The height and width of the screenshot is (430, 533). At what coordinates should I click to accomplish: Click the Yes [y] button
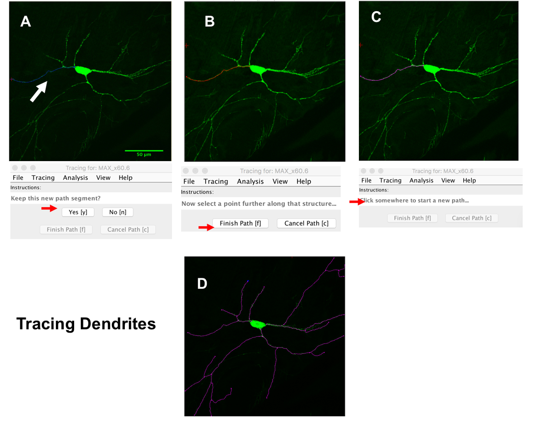(x=78, y=212)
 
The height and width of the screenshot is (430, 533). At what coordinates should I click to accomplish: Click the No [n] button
(x=117, y=212)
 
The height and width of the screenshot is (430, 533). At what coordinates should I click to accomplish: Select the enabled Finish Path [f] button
(x=240, y=223)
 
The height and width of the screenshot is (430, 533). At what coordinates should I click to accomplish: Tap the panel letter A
(x=25, y=22)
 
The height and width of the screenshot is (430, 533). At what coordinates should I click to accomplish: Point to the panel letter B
(x=210, y=22)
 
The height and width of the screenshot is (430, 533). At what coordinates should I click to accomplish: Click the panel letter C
(x=376, y=17)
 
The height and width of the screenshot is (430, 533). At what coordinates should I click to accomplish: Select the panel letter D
(x=202, y=283)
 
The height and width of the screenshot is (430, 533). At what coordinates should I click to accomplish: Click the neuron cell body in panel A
(x=83, y=70)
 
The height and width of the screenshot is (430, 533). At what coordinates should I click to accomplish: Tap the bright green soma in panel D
(x=257, y=324)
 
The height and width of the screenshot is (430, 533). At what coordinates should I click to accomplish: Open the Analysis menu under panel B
(x=250, y=181)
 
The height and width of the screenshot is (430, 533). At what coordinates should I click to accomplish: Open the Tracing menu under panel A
(x=43, y=178)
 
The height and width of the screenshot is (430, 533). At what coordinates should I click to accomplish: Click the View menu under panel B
(x=280, y=181)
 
